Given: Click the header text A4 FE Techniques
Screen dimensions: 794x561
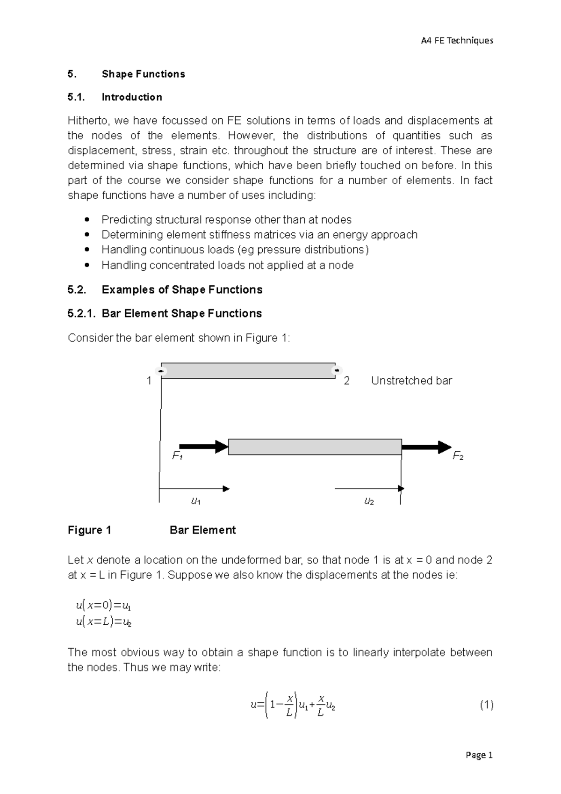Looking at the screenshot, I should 457,41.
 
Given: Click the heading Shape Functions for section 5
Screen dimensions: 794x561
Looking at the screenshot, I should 143,74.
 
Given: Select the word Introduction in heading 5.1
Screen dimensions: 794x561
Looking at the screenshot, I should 132,97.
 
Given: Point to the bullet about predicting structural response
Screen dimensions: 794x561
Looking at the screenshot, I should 226,220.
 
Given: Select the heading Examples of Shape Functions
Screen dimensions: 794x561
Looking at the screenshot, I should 182,290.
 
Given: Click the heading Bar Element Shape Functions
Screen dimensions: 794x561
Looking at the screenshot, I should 181,313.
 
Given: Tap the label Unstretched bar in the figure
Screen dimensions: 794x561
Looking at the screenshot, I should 411,381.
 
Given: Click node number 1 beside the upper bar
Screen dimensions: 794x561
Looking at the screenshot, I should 149,381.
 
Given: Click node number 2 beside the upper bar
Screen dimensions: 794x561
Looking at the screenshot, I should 346,381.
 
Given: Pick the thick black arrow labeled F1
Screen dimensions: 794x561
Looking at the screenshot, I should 203,447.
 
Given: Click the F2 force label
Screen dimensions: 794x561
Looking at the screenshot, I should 458,456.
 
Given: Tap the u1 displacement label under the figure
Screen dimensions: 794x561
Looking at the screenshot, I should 196,502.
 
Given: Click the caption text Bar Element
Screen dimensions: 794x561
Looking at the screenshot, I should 202,530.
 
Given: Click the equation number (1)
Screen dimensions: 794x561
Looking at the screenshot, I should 486,705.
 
